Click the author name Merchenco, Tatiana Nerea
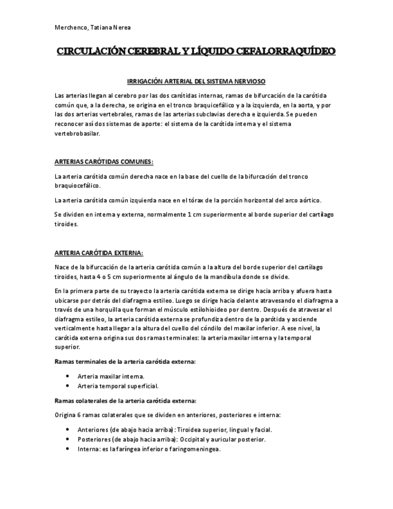click(92, 28)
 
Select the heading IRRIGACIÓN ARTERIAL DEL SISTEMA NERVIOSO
click(197, 81)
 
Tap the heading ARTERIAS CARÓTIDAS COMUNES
click(104, 162)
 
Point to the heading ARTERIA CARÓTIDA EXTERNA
click(98, 253)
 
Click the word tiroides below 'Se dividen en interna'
click(66, 224)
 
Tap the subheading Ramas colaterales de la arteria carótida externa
click(125, 400)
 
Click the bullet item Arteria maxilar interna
click(110, 376)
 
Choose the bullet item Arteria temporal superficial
click(118, 385)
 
